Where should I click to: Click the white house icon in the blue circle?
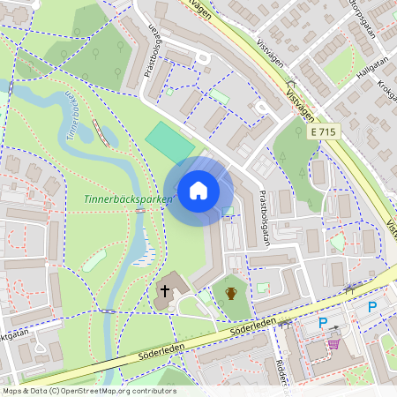(198, 191)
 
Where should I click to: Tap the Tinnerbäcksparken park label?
(128, 200)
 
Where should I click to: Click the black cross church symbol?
(164, 290)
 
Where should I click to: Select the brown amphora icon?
(231, 293)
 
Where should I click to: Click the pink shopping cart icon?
(333, 343)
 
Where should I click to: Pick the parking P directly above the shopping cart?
(323, 323)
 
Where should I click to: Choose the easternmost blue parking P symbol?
(371, 307)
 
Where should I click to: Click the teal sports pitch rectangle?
(169, 142)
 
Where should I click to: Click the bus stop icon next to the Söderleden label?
(284, 323)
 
